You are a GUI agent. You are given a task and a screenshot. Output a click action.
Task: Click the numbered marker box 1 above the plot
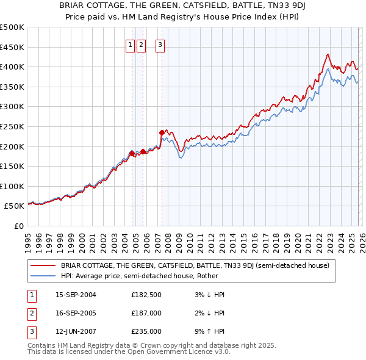click(x=131, y=45)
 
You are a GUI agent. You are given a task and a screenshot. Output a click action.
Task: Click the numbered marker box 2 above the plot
click(x=141, y=45)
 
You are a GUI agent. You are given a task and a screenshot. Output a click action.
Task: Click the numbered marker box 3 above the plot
click(x=160, y=45)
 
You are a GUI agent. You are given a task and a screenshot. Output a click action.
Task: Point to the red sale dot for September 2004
click(x=132, y=153)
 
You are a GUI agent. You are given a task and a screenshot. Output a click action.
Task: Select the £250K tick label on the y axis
click(x=12, y=126)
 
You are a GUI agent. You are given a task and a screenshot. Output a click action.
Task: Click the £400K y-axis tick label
click(x=12, y=67)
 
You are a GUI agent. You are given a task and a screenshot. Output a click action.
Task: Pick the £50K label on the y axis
click(x=15, y=206)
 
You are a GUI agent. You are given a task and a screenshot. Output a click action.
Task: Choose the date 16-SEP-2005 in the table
click(x=76, y=313)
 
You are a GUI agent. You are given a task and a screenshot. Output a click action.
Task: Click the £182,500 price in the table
click(x=146, y=295)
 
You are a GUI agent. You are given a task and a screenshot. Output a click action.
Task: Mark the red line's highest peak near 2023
click(x=328, y=54)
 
